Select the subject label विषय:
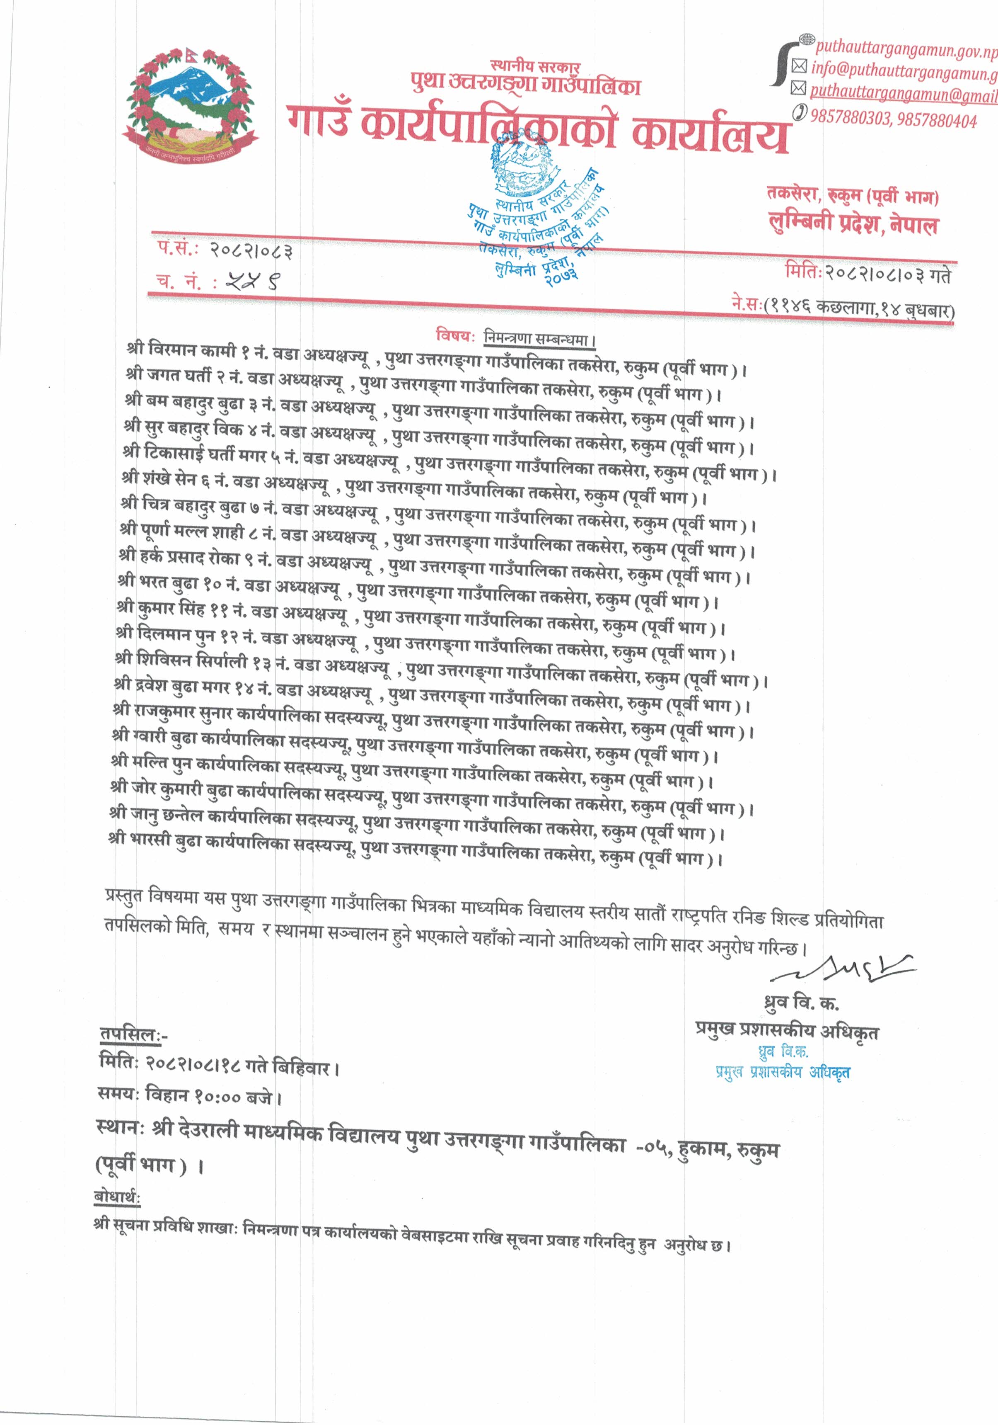click(454, 336)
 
